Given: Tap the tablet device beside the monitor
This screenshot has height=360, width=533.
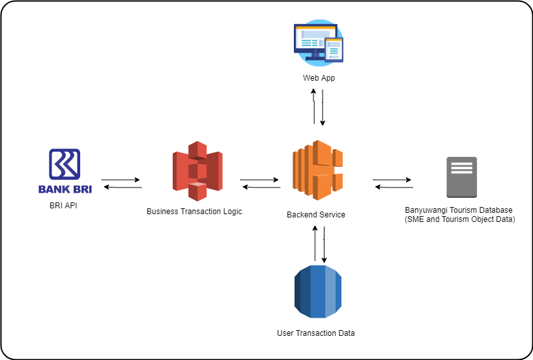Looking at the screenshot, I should pyautogui.click(x=334, y=50).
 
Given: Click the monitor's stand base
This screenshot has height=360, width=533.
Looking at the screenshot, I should pyautogui.click(x=315, y=59).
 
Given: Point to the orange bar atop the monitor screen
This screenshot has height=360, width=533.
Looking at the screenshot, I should pyautogui.click(x=315, y=27).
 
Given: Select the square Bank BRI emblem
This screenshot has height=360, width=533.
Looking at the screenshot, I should pyautogui.click(x=65, y=164).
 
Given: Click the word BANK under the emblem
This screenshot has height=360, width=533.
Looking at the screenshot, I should pyautogui.click(x=51, y=190).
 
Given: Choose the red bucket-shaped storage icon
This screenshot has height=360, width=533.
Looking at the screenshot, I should pyautogui.click(x=197, y=171).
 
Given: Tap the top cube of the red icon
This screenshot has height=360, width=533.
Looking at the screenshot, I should pyautogui.click(x=197, y=149).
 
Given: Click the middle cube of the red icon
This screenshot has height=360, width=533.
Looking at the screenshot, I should pyautogui.click(x=197, y=171).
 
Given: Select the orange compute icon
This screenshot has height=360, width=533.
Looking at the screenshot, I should pyautogui.click(x=317, y=171).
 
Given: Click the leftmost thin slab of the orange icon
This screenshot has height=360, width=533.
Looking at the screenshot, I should pyautogui.click(x=295, y=171).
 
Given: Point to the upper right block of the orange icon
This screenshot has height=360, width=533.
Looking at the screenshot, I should pyautogui.click(x=337, y=157).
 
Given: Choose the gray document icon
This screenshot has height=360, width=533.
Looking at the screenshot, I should pyautogui.click(x=461, y=177).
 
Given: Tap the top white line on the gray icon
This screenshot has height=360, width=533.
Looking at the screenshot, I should pyautogui.click(x=461, y=164).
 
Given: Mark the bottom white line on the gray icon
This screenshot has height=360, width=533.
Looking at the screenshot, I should pyautogui.click(x=461, y=172).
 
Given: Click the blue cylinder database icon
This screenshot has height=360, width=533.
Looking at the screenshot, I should pyautogui.click(x=317, y=292).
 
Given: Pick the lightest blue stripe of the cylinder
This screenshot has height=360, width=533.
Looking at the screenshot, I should pyautogui.click(x=331, y=292).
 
